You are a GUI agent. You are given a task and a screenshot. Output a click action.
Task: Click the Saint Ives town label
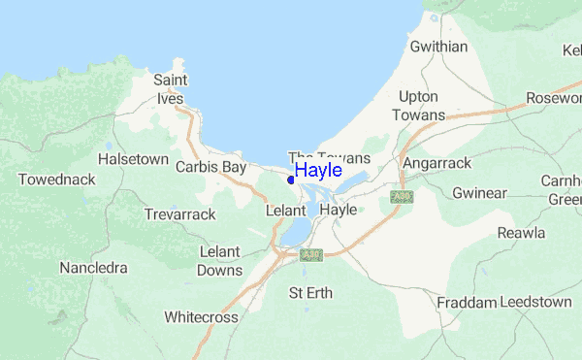click(171, 87)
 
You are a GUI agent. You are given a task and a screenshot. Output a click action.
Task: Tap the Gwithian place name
click(438, 47)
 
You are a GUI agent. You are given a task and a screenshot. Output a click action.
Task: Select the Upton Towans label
click(418, 106)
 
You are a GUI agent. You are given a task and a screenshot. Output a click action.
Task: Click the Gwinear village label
click(482, 192)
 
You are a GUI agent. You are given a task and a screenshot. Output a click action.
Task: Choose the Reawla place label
click(522, 233)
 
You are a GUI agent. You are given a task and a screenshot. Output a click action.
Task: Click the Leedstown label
click(538, 303)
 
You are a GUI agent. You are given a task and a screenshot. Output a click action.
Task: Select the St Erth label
click(309, 292)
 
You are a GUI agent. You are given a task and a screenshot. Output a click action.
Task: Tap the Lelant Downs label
click(219, 260)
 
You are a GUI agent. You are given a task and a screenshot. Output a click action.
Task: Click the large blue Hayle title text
click(318, 171)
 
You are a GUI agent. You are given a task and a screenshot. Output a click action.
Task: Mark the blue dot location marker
click(291, 179)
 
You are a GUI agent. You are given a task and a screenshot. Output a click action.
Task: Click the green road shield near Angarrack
click(396, 197)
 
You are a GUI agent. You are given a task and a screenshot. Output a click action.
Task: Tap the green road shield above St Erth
click(310, 255)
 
